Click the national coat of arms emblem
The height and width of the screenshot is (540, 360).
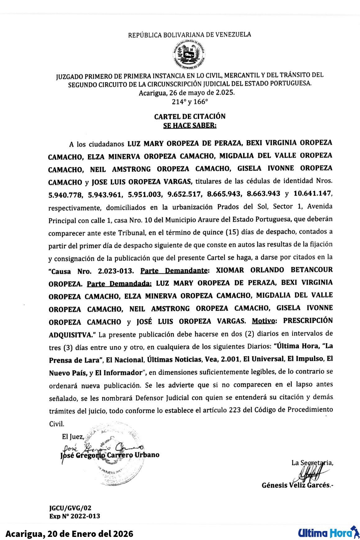coord(189,55)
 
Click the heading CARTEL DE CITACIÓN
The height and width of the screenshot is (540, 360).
coord(190,117)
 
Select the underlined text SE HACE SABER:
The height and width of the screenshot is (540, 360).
coord(190,126)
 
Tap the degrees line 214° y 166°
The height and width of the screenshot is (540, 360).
coord(190,102)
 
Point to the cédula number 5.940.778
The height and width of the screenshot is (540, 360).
coord(66,195)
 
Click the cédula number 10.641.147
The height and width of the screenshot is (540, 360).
coord(312,193)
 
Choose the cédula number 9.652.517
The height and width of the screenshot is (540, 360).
coord(184,194)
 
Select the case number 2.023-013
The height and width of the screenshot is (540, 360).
coord(116,271)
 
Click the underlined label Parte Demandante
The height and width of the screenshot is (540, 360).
coord(174,271)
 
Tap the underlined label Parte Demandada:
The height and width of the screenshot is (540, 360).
coord(119,284)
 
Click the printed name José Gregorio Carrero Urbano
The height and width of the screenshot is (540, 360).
coord(110,455)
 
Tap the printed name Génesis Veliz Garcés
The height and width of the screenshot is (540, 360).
coord(296,485)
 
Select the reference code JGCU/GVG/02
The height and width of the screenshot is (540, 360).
coord(70,508)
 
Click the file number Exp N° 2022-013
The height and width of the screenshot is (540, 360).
coord(75,516)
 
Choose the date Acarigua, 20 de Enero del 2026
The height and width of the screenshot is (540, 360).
coord(69,534)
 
